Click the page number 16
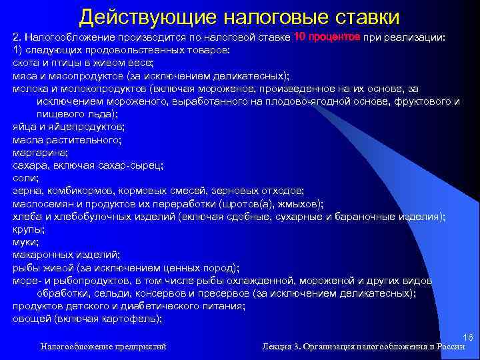coord(467,339)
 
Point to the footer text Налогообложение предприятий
coord(103,347)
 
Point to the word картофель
coord(134,318)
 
